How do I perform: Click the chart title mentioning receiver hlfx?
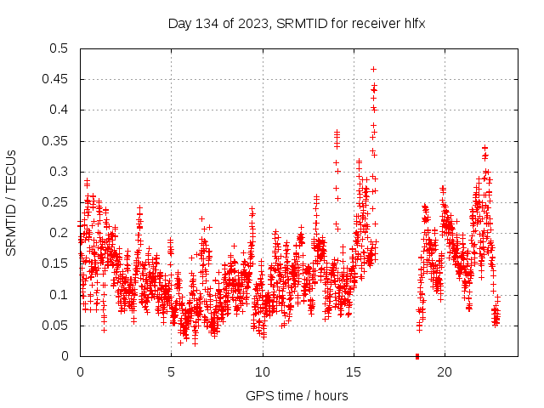[296, 24]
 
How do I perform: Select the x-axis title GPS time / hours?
[297, 395]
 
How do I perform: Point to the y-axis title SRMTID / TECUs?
[11, 202]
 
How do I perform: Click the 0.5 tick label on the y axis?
[58, 48]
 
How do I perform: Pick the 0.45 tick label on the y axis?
[54, 79]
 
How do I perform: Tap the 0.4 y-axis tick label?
[58, 110]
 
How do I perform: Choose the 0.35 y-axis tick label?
[54, 141]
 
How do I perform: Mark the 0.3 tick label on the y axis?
[58, 172]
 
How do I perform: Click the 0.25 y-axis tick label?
[54, 202]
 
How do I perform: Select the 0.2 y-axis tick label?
[58, 233]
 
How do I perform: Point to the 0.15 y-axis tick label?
[54, 264]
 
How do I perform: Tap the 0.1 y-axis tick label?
[58, 295]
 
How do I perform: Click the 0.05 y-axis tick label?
[54, 326]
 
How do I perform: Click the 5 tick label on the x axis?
[171, 372]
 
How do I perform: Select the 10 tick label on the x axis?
[263, 372]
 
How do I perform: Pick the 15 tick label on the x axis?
[354, 372]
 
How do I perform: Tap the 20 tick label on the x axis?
[445, 372]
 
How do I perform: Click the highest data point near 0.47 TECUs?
[373, 69]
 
